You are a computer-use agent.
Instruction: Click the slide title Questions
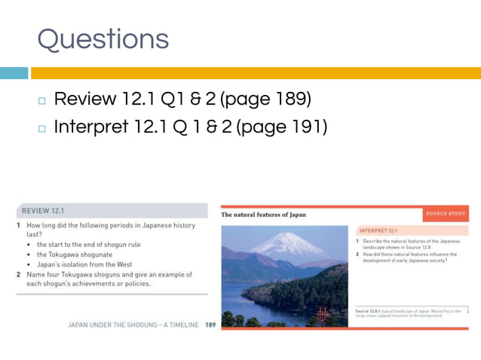tap(103, 39)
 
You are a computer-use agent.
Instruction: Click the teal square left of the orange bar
tap(14, 73)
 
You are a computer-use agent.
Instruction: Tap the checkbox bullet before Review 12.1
tap(41, 101)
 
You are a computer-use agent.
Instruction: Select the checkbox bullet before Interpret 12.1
tap(41, 129)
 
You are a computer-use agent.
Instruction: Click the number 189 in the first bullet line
tap(287, 99)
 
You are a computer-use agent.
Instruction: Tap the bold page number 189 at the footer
tap(211, 325)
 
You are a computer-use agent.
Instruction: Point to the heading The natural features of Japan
tap(263, 215)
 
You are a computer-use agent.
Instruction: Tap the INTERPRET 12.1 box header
tap(378, 230)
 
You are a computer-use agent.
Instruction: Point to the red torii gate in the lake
tap(323, 313)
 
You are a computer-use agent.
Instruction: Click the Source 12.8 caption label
tap(367, 310)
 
